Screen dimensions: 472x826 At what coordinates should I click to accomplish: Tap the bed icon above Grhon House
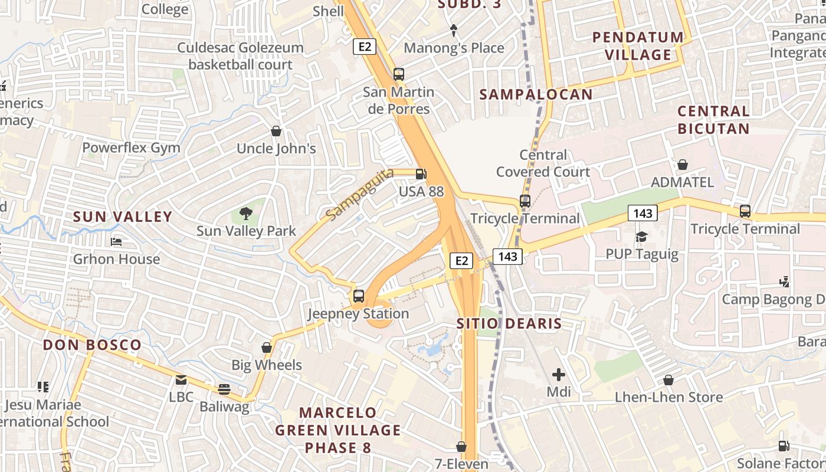[116, 242]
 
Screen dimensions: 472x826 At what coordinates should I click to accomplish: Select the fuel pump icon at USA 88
[421, 174]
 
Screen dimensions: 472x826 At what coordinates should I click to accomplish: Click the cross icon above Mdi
[558, 374]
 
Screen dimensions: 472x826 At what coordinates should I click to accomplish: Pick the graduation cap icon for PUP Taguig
[641, 237]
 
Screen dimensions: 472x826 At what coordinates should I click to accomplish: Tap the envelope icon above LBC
[181, 380]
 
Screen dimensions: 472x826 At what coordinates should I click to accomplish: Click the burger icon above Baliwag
[224, 389]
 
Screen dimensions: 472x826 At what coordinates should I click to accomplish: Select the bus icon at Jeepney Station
[358, 296]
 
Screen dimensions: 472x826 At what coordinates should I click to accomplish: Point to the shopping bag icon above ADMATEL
[682, 165]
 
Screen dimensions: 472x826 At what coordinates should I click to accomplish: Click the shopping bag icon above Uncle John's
[276, 131]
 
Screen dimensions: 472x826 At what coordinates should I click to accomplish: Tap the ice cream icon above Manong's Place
[453, 30]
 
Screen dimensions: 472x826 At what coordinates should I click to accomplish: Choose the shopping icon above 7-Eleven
[461, 447]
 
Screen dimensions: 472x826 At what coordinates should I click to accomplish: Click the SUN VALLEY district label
[123, 217]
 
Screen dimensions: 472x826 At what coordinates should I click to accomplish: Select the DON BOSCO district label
[92, 345]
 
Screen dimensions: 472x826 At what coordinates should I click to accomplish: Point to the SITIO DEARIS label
[509, 323]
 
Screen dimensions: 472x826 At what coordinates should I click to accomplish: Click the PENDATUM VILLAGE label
[638, 45]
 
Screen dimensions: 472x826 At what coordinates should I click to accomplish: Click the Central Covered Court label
[543, 163]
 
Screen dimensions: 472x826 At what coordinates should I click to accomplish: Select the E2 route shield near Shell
[365, 47]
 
